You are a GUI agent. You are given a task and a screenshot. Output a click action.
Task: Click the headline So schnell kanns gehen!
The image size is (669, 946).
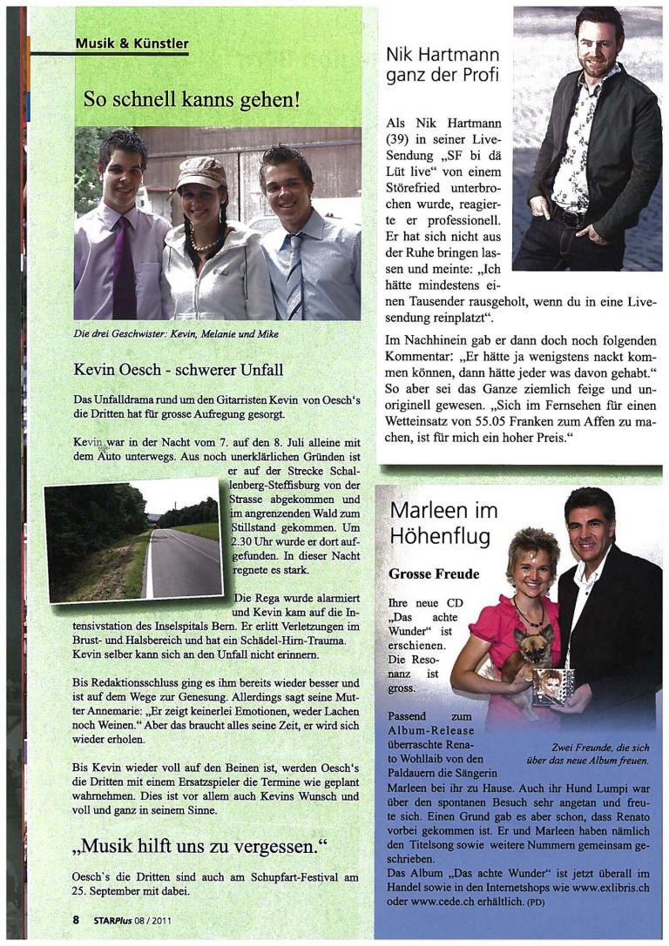click(x=192, y=99)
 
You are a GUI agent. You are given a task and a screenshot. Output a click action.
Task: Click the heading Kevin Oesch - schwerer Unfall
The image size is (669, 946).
click(x=179, y=370)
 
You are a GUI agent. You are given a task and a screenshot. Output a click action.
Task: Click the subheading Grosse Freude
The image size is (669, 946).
click(x=434, y=574)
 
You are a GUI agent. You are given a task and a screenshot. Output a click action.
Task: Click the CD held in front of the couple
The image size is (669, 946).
click(x=553, y=685)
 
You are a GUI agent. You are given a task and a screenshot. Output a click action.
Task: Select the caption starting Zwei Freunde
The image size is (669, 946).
click(x=600, y=754)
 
